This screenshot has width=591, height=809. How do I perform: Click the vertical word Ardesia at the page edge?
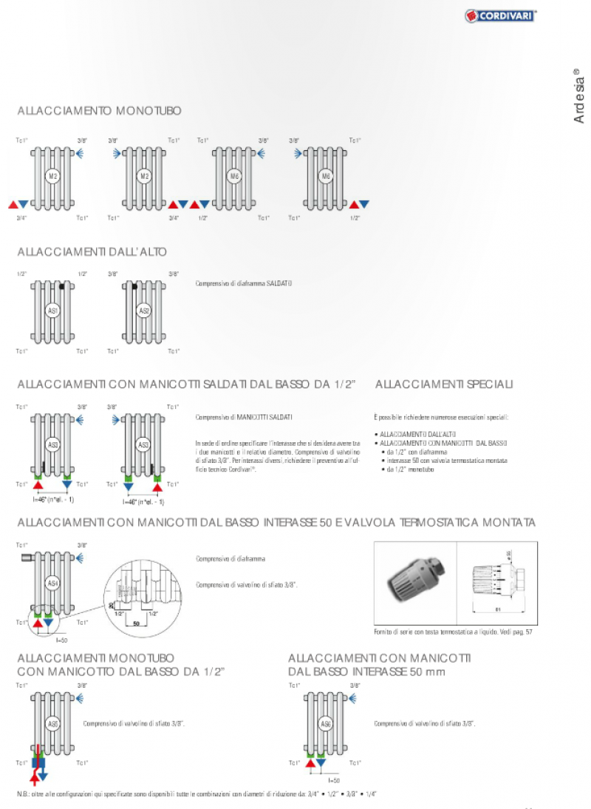(578, 97)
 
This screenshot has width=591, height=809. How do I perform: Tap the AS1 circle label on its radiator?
(52, 311)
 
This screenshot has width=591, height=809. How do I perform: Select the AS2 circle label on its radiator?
(144, 311)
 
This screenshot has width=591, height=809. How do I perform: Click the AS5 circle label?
(52, 723)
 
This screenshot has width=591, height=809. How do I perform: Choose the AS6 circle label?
(327, 723)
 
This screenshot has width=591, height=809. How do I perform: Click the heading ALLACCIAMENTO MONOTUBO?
(100, 111)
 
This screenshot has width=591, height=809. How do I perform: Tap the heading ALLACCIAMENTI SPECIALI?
(444, 385)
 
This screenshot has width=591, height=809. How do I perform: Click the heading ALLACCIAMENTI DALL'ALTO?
(92, 252)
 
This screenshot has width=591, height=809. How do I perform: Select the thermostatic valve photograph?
(414, 584)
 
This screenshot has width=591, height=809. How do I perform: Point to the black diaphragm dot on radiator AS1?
(63, 285)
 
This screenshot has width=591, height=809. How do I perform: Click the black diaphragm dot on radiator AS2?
(135, 285)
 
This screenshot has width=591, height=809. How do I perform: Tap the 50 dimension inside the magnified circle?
(136, 624)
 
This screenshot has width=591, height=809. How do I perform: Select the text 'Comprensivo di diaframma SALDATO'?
(239, 283)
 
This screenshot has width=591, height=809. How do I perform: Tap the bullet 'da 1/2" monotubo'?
(410, 470)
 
